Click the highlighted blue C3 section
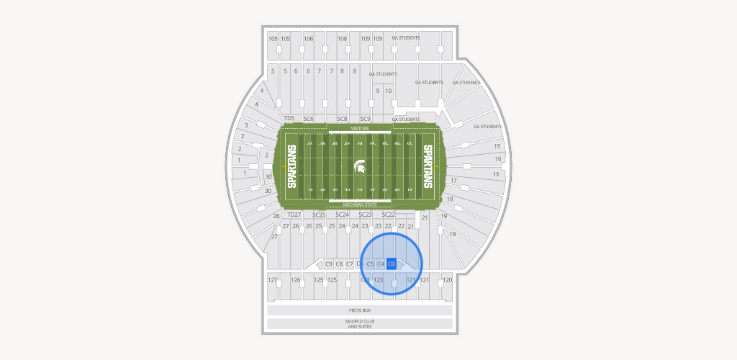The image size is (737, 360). coord(392,264)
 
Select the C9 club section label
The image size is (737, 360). coord(329,264)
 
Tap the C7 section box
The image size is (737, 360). coord(350,264)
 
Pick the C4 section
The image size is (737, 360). coord(381,264)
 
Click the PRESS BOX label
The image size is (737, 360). coord(360,310)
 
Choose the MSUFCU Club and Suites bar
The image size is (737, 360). coord(360,324)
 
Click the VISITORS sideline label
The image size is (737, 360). coord(360,128)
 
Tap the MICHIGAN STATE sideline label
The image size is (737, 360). coord(360,205)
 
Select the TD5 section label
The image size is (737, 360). coord(290,118)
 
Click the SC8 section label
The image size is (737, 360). coord(343,118)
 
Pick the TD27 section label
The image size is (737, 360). coord(294,215)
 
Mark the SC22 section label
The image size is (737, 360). coord(388,215)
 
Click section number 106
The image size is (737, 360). coord(309,38)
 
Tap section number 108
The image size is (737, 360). coord(343,38)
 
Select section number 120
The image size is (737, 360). coord(447,279)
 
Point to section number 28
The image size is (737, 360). coord(276,216)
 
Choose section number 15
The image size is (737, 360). coord(497,146)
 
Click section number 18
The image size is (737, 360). coord(450,199)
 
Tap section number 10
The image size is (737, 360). coord(389,91)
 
